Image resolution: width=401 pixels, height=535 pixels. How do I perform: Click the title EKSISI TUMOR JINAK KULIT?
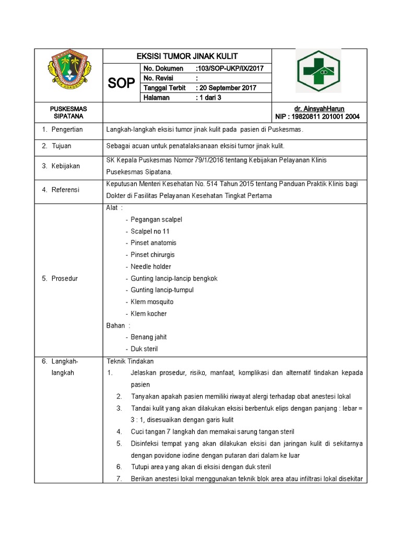187,56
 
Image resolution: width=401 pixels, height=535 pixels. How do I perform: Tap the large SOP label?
121,83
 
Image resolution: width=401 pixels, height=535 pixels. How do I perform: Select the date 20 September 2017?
226,88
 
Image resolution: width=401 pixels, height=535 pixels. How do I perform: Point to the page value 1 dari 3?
209,97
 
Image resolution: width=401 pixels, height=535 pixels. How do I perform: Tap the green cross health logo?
319,71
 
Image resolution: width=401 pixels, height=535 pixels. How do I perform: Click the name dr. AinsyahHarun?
319,109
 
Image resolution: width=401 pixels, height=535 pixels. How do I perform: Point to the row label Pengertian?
70,129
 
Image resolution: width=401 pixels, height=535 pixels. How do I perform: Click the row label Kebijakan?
65,166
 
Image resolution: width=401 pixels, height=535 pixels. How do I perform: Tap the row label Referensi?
65,190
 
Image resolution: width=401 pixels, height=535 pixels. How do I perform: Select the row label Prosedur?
64,278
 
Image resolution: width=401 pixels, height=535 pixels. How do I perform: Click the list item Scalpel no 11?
150,231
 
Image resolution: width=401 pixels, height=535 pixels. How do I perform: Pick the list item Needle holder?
151,266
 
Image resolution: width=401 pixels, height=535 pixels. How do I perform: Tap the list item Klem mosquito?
152,302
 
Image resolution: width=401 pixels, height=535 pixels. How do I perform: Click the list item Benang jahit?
149,337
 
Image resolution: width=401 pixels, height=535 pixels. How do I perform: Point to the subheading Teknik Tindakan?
130,361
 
